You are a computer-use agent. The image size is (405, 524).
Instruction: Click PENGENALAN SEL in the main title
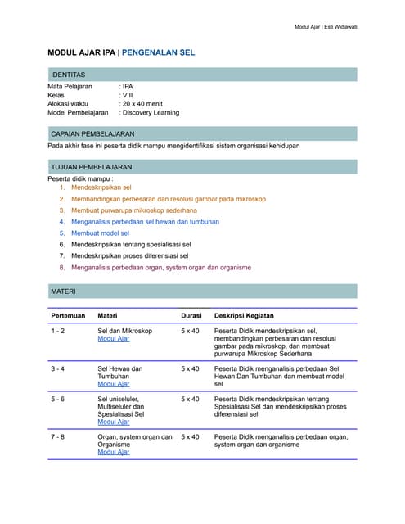coord(158,53)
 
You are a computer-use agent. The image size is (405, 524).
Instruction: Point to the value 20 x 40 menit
coord(143,104)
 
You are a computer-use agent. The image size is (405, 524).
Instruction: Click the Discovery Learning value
coord(151,113)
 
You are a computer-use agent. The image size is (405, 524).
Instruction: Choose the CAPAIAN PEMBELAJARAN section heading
coord(92,133)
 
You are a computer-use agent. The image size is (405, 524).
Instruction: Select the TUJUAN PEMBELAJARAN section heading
coord(91,167)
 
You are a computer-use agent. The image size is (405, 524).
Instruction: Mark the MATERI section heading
coord(63,291)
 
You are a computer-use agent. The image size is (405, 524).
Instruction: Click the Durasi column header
coord(191,315)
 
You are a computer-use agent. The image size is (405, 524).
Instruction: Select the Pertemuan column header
coord(68,315)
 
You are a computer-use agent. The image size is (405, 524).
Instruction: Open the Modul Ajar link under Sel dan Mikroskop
coord(114,338)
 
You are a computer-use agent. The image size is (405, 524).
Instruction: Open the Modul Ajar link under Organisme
coord(114,452)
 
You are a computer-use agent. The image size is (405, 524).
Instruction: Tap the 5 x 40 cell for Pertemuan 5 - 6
coord(190,399)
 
